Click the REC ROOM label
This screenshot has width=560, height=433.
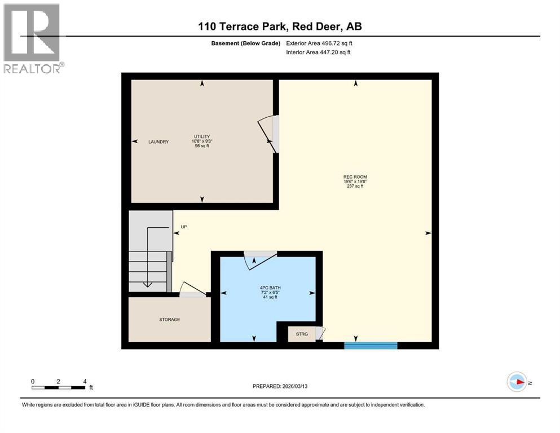point(355,177)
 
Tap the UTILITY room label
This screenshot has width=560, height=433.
point(202,136)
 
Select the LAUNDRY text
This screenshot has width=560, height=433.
point(158,142)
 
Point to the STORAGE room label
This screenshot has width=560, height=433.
point(169,320)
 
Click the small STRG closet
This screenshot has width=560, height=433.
point(302,334)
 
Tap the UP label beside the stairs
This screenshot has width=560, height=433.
point(183,227)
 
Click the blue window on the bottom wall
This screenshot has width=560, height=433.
point(371,345)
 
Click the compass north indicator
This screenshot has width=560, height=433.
point(517,383)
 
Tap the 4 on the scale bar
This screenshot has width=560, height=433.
point(85,381)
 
